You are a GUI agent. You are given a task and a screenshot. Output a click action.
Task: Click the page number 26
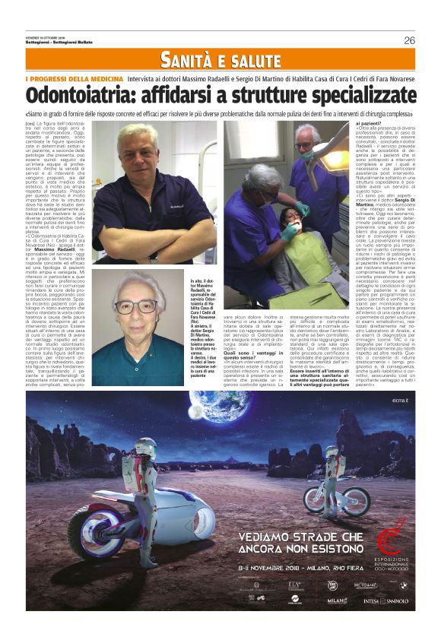[410, 40]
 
